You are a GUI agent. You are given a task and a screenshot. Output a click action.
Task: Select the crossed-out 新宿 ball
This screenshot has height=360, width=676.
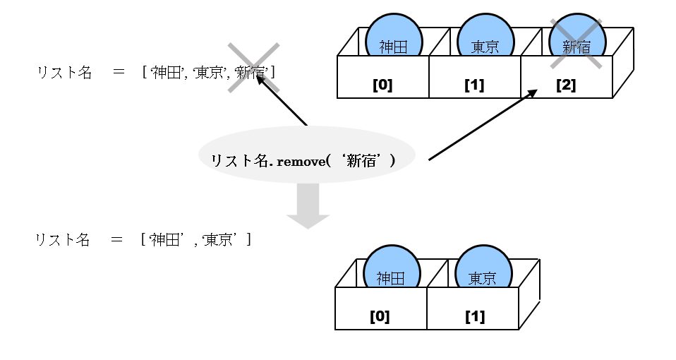click(577, 42)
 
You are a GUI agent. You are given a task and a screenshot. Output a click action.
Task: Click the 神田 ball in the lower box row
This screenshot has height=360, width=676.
click(392, 272)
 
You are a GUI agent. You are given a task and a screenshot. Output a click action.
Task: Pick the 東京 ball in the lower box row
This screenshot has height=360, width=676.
click(483, 272)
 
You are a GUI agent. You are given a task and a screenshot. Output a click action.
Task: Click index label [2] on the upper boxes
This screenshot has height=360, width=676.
click(566, 85)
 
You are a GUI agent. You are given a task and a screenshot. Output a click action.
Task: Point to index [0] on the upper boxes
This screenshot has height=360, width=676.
click(382, 85)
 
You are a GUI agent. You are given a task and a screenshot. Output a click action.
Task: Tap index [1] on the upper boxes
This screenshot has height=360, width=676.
click(474, 85)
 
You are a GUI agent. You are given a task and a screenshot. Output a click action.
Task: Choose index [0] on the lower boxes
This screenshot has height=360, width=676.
click(380, 316)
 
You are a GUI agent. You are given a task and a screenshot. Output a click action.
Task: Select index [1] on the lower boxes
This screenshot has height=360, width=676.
click(475, 316)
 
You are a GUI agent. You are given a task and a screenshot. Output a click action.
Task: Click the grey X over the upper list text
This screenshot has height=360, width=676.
click(253, 68)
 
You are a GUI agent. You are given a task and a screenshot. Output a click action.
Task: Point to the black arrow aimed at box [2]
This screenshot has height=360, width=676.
click(483, 125)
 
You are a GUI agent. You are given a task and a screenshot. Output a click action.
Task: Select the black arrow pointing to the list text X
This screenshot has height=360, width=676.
click(282, 100)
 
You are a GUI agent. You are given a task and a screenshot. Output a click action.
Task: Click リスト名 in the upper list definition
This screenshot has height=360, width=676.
click(64, 72)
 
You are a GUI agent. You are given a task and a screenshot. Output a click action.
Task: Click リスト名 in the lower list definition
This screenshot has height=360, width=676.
click(63, 240)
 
